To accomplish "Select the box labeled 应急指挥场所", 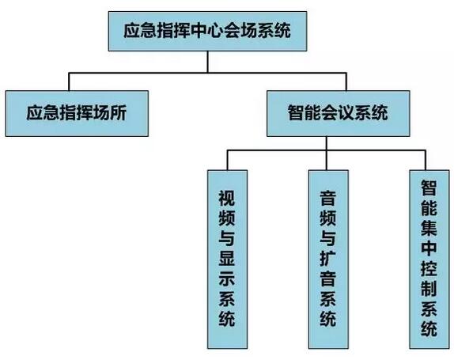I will (76, 114).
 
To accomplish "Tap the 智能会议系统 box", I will (337, 114).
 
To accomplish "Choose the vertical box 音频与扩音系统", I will (327, 258).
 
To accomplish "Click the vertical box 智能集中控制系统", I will (428, 258).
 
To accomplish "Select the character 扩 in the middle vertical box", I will (327, 271).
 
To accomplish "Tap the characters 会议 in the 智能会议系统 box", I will (337, 114).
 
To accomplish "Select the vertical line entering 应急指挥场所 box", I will (70, 83).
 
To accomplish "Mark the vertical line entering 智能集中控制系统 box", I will (428, 159).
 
